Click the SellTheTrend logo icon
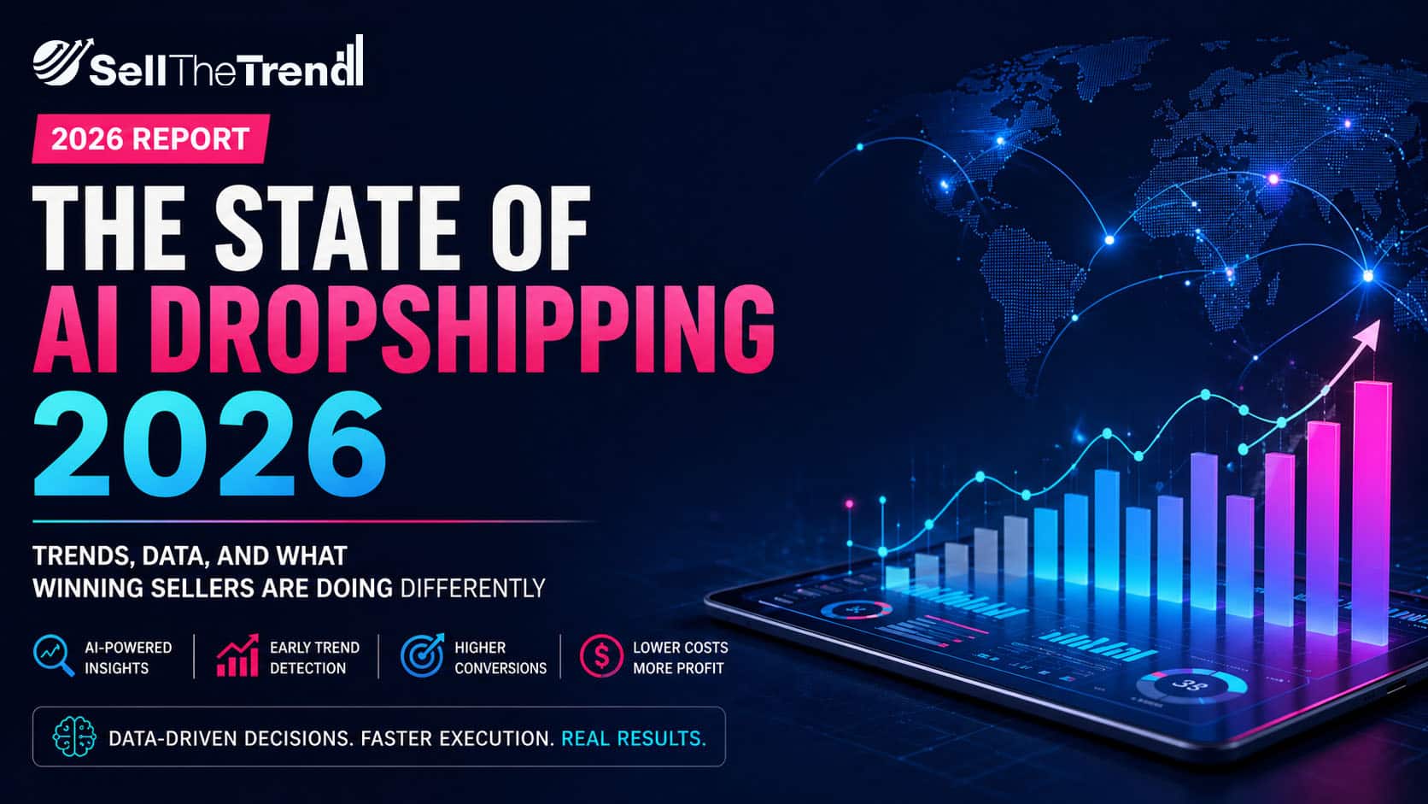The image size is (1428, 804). pos(61,62)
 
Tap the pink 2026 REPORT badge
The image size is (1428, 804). pos(151,138)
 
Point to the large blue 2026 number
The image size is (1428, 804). pos(210,443)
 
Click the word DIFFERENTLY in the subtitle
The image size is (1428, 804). pos(472,588)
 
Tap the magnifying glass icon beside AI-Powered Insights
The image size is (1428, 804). pos(54,654)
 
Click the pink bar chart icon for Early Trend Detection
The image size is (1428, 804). pos(237,654)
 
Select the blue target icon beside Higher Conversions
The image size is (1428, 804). pos(422,654)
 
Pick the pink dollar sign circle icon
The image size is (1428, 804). pos(600,655)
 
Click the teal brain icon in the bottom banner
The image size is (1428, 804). pos(74,737)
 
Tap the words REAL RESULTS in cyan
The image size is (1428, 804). pos(634,738)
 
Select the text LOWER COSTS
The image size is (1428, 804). pos(680,647)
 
